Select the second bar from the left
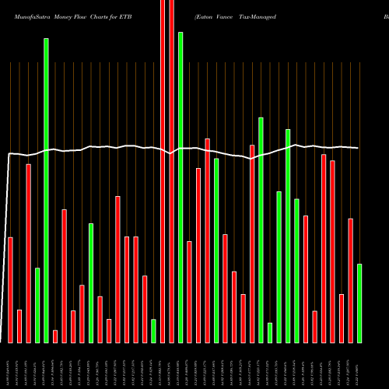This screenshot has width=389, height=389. (x=19, y=326)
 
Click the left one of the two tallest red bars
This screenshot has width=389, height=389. (x=163, y=171)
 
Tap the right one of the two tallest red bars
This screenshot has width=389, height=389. (x=171, y=171)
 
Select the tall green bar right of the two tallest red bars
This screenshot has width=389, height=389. (x=180, y=187)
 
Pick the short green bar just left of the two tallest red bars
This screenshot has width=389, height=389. (x=153, y=331)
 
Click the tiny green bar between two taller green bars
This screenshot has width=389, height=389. (x=270, y=332)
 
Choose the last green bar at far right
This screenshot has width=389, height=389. (x=359, y=303)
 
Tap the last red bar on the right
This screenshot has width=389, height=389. (x=351, y=280)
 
